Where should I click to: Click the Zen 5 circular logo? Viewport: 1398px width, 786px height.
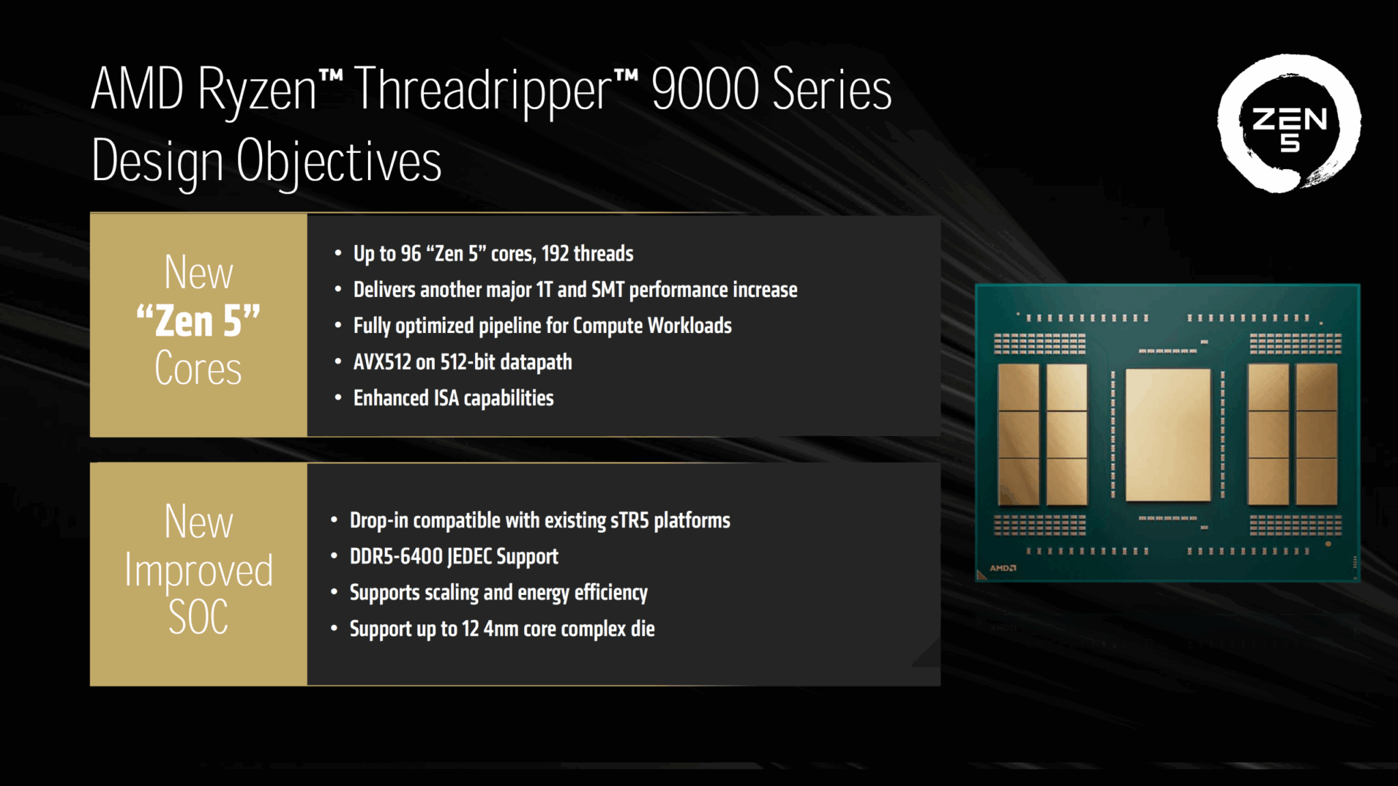tap(1289, 123)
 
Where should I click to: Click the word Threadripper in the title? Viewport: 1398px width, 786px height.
tap(483, 90)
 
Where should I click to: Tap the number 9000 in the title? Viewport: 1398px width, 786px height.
tap(704, 89)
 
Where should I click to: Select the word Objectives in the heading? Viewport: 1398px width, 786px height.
tap(339, 162)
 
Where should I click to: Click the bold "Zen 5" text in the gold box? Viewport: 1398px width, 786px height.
tap(198, 321)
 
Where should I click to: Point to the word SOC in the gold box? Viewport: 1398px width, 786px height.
tap(198, 617)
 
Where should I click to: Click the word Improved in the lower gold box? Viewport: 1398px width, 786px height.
tap(198, 570)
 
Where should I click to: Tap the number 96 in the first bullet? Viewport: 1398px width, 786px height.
tap(411, 254)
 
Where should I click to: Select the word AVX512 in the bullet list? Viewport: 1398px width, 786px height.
tap(382, 362)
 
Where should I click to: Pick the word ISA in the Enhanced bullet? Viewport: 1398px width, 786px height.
tap(446, 398)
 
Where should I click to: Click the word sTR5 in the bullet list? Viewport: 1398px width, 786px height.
tap(629, 521)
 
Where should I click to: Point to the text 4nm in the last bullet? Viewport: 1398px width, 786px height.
tap(501, 629)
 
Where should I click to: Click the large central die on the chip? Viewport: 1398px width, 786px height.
tap(1167, 435)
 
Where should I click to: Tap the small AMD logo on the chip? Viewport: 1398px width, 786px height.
tap(1003, 568)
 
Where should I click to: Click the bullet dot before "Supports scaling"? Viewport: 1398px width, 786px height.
tap(334, 593)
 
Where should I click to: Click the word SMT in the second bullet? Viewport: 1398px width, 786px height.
tap(608, 290)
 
